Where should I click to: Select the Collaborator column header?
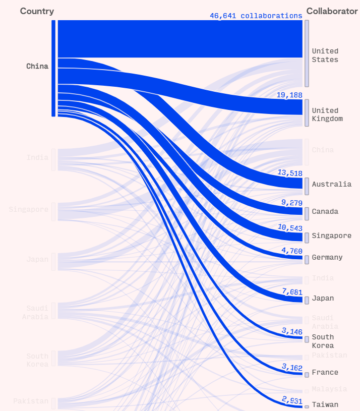point(332,11)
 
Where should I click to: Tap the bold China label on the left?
point(37,66)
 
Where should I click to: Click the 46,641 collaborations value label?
point(256,16)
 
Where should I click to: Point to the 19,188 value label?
point(289,95)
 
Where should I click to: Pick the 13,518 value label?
point(289,173)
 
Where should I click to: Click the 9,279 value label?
point(291,203)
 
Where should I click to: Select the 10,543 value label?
point(289,227)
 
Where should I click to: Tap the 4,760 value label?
point(291,251)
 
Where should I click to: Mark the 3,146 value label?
point(291,331)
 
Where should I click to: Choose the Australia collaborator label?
point(331,184)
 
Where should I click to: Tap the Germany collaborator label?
point(327,257)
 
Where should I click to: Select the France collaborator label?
point(325,372)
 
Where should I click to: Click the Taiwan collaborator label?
point(325,404)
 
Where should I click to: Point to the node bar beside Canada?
point(307,213)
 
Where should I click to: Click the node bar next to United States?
point(307,53)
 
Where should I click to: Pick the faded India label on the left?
point(37,157)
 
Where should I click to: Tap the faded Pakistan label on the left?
point(31,401)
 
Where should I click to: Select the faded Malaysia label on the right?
point(329,389)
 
